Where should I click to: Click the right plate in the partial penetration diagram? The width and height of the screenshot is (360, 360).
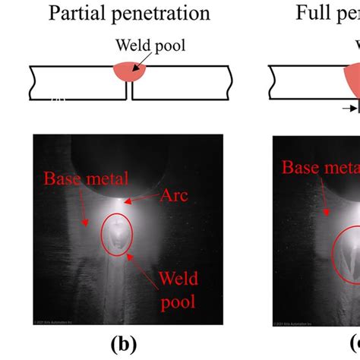(x=182, y=83)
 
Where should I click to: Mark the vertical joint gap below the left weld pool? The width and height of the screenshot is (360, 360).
(x=130, y=92)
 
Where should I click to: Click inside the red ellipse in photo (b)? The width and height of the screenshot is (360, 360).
(x=116, y=235)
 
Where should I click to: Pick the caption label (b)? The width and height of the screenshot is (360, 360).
(x=123, y=341)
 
